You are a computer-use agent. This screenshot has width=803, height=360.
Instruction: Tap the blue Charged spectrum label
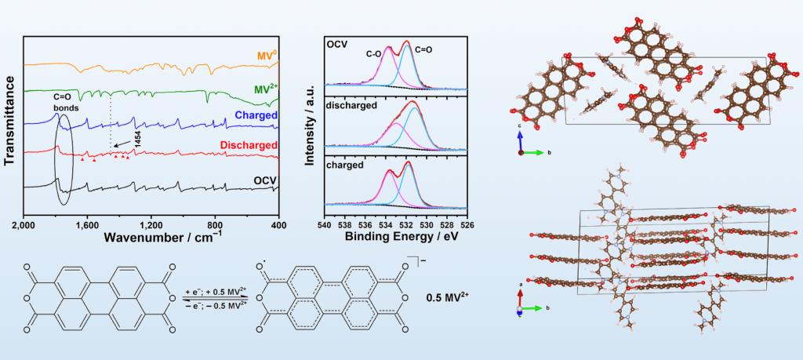point(256,116)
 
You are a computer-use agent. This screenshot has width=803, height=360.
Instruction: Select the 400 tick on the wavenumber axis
point(278,225)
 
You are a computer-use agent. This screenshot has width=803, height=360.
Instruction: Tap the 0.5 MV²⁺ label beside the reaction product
point(452,298)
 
